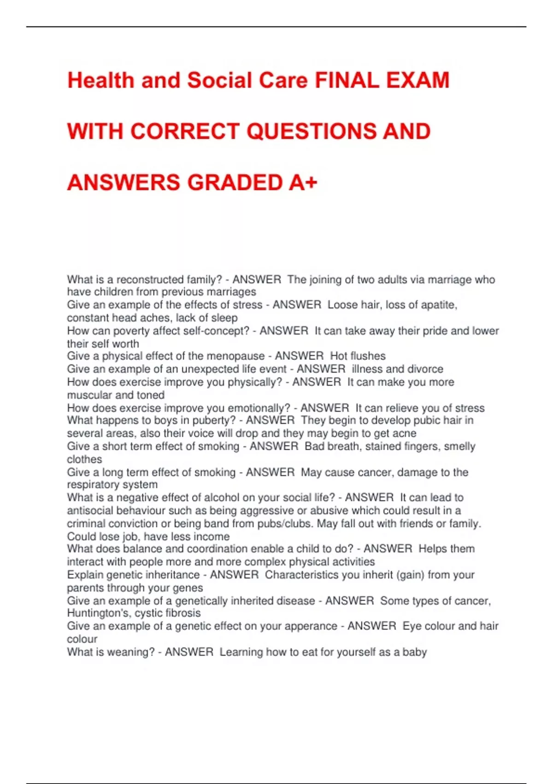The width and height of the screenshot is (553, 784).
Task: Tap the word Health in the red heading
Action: click(100, 81)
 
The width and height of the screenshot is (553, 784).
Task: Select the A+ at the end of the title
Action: click(303, 183)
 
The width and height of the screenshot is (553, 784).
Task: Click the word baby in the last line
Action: click(415, 652)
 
